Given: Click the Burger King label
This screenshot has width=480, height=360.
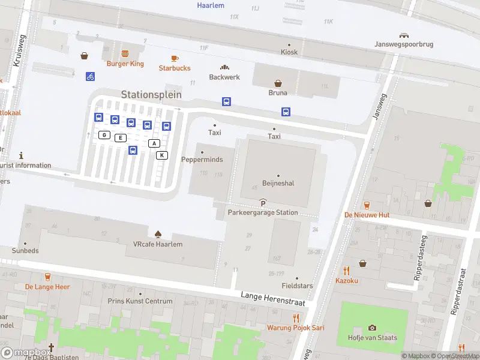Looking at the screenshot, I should tap(125, 64).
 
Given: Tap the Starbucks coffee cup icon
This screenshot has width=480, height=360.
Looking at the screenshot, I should tap(175, 58).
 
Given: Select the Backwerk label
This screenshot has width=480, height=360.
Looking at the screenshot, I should tap(224, 77).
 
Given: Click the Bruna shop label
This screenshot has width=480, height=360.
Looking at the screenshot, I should tap(278, 93).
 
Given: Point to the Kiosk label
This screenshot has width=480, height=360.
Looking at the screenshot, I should tap(289, 52).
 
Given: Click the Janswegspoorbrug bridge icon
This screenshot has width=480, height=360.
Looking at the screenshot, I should tap(404, 35).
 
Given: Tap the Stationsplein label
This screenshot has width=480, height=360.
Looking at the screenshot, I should tap(151, 95).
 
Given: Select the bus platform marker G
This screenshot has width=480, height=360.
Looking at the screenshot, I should tap(104, 135).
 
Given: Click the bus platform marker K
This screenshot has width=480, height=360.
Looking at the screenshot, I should tap(161, 155).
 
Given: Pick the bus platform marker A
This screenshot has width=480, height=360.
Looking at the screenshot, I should tap(154, 143).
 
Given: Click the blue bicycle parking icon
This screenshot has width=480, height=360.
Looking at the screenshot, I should tap(90, 76).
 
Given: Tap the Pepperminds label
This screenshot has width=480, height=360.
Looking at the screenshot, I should tap(202, 160).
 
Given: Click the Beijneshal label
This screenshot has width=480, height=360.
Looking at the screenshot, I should tap(278, 184).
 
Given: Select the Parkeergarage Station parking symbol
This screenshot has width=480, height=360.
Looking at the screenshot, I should tap(263, 204).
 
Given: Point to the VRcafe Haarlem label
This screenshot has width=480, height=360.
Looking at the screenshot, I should tap(157, 244).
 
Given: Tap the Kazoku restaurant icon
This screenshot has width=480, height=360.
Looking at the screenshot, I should tap(346, 271).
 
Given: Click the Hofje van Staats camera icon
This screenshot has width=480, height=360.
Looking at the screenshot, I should tap(372, 328).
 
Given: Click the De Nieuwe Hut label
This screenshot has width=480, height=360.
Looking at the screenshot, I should tap(367, 215).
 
